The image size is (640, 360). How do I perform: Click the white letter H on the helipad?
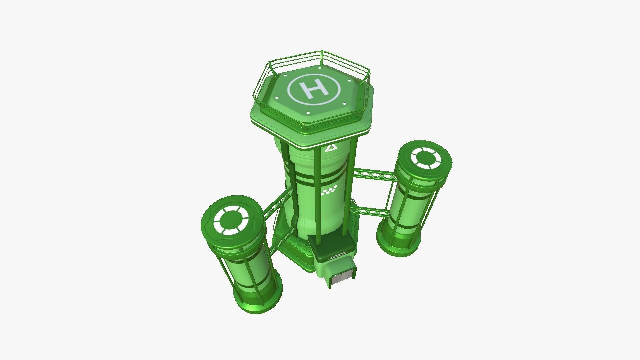[x=313, y=90]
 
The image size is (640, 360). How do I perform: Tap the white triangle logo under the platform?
[x=330, y=148]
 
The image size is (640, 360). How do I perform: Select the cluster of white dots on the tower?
[x=329, y=190]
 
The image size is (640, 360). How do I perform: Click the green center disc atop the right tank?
[x=426, y=157]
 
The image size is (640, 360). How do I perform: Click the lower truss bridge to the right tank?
[x=370, y=210]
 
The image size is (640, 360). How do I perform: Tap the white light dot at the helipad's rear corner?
[x=319, y=68]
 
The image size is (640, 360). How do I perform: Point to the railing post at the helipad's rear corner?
[x=321, y=59]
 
